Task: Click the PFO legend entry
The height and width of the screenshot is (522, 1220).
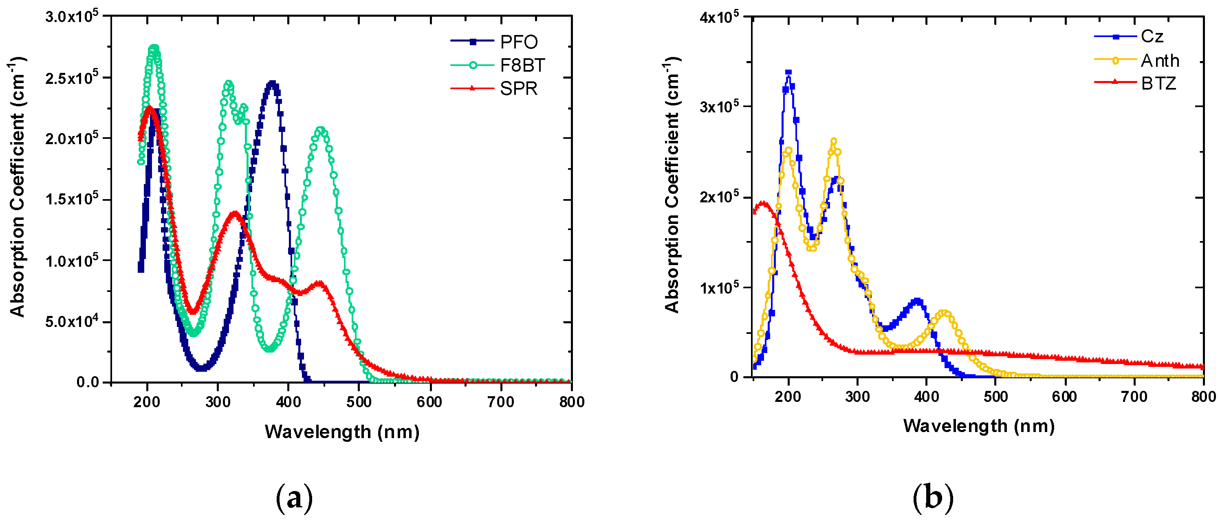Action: [518, 42]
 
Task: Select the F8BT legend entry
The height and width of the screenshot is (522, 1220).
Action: [522, 65]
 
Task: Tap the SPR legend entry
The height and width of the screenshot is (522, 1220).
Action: [518, 88]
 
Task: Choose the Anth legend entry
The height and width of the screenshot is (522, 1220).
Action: [1159, 61]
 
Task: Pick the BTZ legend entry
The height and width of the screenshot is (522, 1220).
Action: [1158, 83]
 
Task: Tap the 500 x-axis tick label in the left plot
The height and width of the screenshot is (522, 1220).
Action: [359, 402]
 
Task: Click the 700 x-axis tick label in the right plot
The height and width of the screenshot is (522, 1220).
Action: [1134, 397]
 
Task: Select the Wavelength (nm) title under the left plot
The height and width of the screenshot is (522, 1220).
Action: [342, 432]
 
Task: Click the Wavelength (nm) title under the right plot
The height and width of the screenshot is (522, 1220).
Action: [978, 426]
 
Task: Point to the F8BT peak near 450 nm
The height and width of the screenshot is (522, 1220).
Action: [321, 129]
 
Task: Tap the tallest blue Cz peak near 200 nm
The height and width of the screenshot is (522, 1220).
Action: [788, 73]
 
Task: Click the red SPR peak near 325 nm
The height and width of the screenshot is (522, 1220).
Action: [235, 213]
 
